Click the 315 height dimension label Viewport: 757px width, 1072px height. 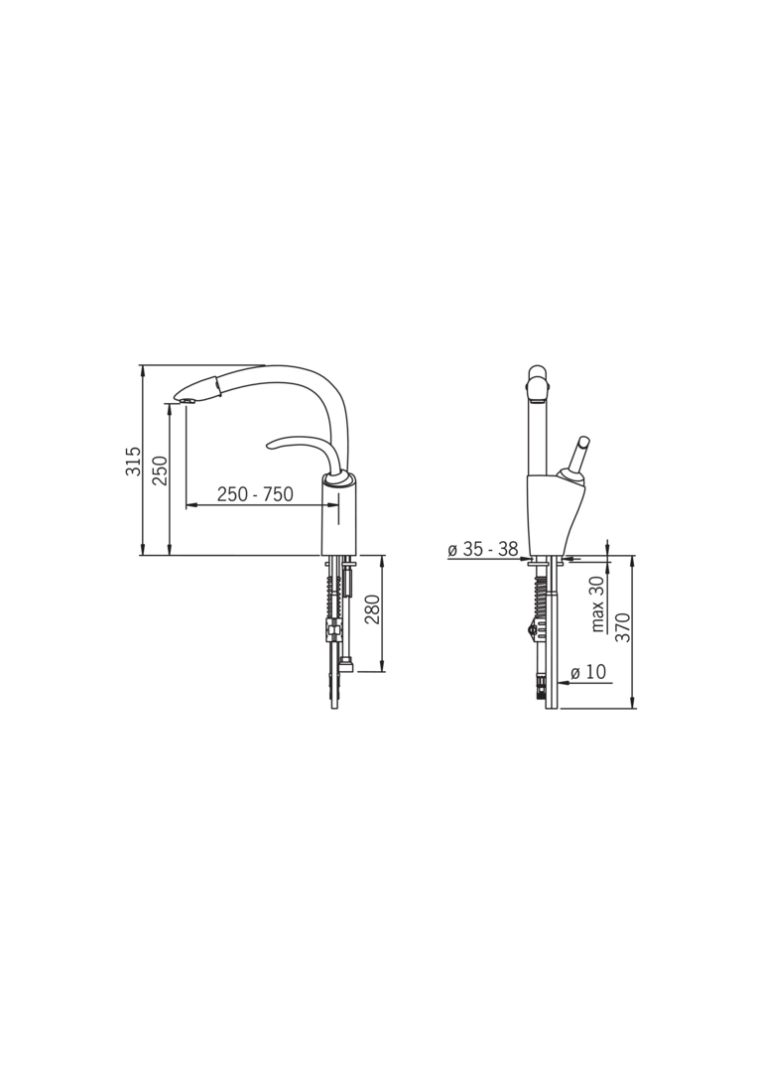(x=133, y=462)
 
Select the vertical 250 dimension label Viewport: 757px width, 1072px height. (x=160, y=470)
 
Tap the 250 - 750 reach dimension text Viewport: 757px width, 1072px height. (x=255, y=494)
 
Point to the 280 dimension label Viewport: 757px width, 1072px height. (x=372, y=608)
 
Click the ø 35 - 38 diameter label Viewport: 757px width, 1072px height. (x=482, y=549)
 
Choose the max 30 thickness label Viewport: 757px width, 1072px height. (x=598, y=604)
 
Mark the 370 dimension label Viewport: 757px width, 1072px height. (x=623, y=627)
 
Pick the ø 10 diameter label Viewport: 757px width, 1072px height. (x=588, y=672)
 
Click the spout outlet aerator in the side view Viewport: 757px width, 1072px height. (x=186, y=400)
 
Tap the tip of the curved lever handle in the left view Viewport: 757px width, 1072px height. (x=270, y=446)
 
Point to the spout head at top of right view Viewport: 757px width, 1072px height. (x=537, y=383)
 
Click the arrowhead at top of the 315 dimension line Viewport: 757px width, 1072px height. (x=144, y=370)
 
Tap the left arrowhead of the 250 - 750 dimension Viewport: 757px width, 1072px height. (x=190, y=505)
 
